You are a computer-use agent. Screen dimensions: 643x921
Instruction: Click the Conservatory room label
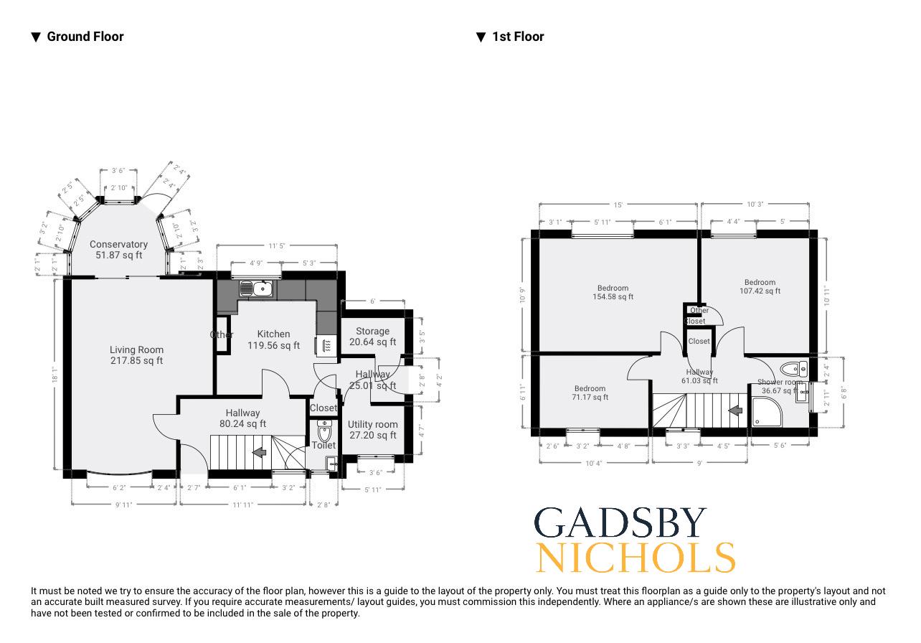[118, 245]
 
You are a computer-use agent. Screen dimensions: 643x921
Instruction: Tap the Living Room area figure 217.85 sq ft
[136, 360]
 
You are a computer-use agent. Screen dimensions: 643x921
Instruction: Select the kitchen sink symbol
[256, 289]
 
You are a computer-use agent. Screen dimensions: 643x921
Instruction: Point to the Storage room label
[372, 331]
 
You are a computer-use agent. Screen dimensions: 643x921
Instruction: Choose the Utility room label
[372, 424]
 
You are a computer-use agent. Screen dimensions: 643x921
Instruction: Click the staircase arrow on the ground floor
[260, 452]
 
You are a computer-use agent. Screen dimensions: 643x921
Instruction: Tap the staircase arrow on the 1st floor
[735, 410]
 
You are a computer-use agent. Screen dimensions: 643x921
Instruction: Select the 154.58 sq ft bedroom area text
[613, 296]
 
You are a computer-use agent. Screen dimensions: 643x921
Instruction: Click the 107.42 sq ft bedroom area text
[760, 291]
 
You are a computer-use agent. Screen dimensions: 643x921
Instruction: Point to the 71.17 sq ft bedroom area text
[590, 397]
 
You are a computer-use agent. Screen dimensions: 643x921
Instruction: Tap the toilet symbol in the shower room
[793, 370]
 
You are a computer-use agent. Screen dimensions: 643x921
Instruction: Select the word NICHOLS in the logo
[636, 558]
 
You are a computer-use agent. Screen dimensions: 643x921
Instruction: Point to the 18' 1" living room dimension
[54, 374]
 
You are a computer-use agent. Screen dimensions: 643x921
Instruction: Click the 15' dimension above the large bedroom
[618, 205]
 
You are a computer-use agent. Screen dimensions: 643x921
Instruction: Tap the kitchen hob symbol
[326, 345]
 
